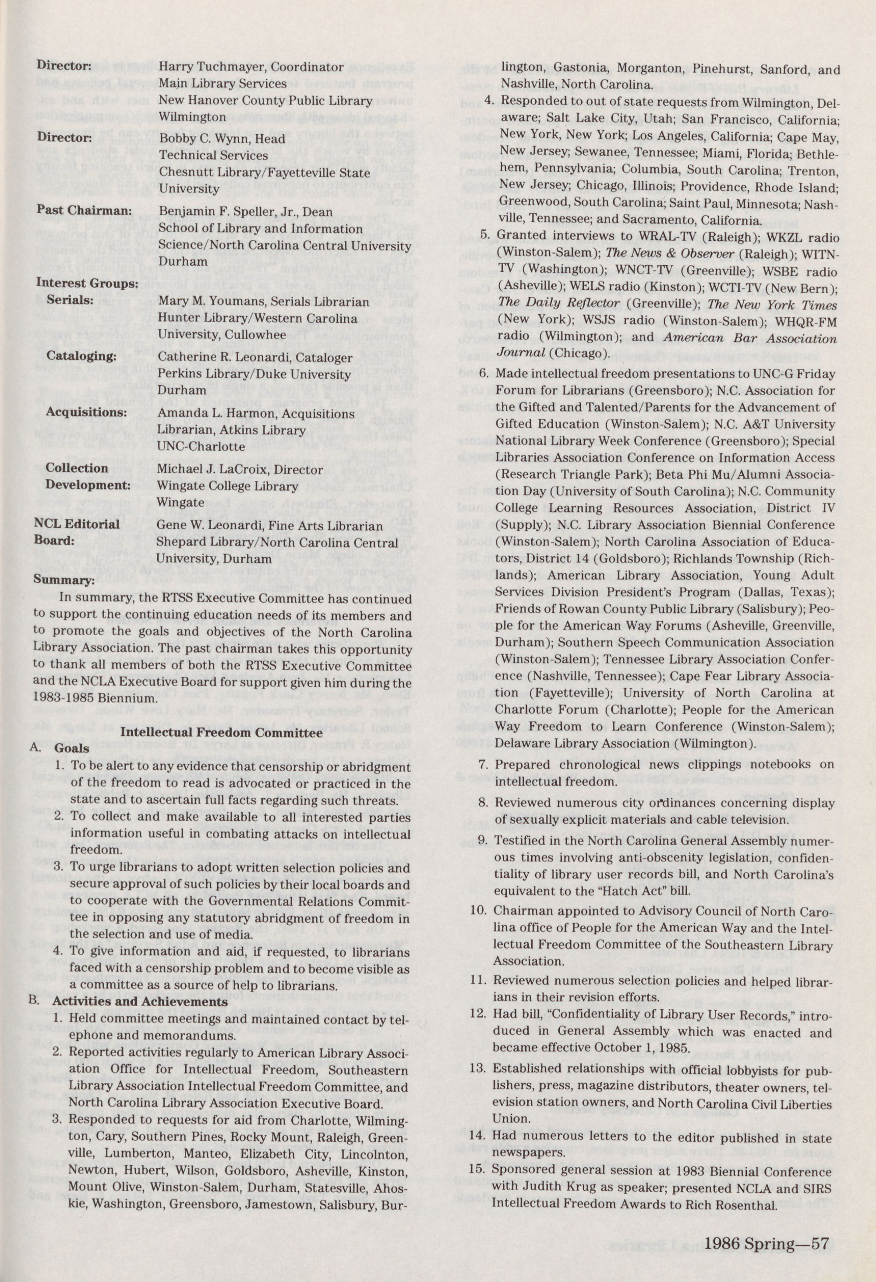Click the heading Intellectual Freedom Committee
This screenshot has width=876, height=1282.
click(221, 733)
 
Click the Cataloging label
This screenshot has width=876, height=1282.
click(81, 355)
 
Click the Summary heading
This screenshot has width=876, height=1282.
click(64, 580)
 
